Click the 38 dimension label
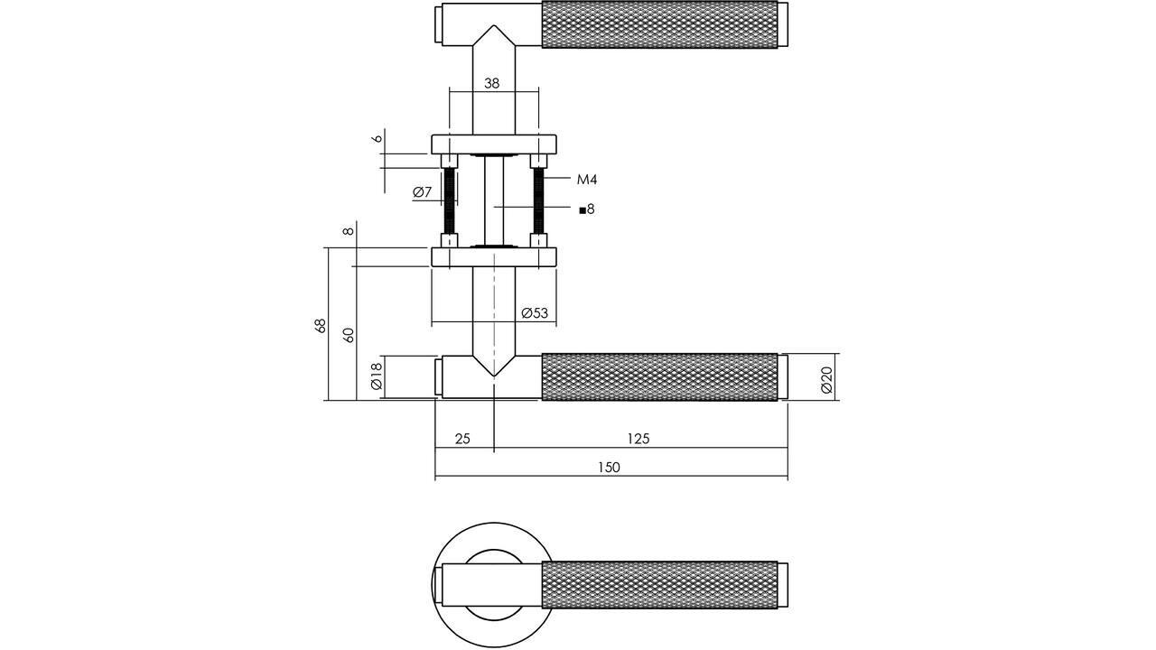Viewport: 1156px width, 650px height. [x=491, y=83]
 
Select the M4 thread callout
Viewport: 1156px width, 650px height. [x=587, y=180]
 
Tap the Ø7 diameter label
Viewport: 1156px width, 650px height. [x=423, y=192]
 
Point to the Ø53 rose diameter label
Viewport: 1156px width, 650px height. [x=535, y=313]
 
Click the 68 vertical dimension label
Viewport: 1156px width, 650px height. [x=320, y=326]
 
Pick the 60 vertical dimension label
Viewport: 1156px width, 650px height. [x=349, y=333]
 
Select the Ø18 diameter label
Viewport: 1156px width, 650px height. [x=377, y=376]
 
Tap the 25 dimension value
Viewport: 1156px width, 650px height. [x=462, y=439]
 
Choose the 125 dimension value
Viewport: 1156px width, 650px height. [x=638, y=439]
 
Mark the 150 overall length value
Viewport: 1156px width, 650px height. [x=609, y=467]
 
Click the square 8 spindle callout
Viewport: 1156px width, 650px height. [x=587, y=209]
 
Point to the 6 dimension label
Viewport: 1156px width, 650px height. [x=378, y=139]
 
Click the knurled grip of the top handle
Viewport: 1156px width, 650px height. [x=658, y=25]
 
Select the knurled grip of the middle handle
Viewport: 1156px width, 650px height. [x=658, y=376]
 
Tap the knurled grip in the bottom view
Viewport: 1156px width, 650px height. [x=658, y=584]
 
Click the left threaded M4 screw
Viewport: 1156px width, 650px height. [x=448, y=200]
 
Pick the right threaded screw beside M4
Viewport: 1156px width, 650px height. [x=539, y=200]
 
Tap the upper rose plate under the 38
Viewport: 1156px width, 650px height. [x=493, y=144]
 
